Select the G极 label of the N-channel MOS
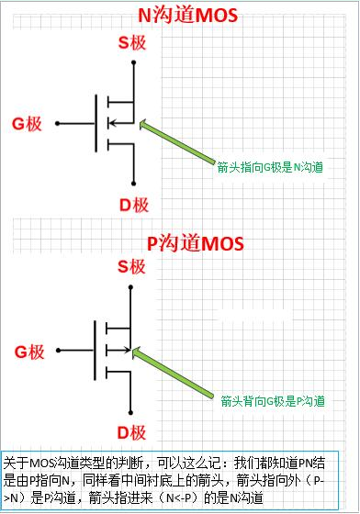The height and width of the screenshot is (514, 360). coord(28,122)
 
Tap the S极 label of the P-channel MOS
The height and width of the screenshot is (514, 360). coord(131,268)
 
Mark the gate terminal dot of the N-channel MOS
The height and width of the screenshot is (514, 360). coord(57,122)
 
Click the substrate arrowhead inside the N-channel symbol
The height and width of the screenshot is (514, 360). coord(112,122)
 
